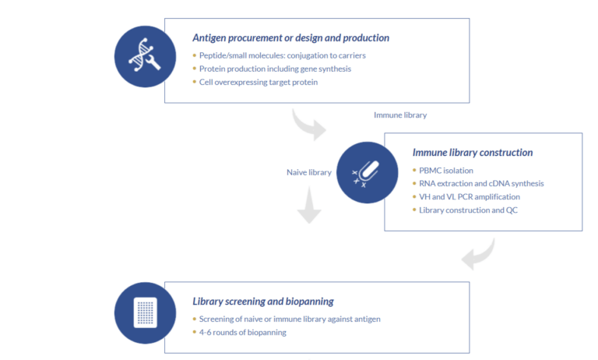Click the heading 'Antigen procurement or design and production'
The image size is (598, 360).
click(290, 37)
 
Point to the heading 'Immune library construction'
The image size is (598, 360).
click(472, 153)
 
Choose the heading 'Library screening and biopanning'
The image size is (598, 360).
click(264, 301)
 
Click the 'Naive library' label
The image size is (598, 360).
click(309, 172)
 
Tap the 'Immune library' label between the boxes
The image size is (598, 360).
click(400, 115)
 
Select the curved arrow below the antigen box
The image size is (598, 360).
click(309, 125)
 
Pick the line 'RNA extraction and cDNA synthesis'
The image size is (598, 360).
click(481, 184)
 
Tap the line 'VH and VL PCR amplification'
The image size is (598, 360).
click(469, 197)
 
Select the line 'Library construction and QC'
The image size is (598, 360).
click(468, 210)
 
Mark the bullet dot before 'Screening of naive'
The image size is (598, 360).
click(194, 319)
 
